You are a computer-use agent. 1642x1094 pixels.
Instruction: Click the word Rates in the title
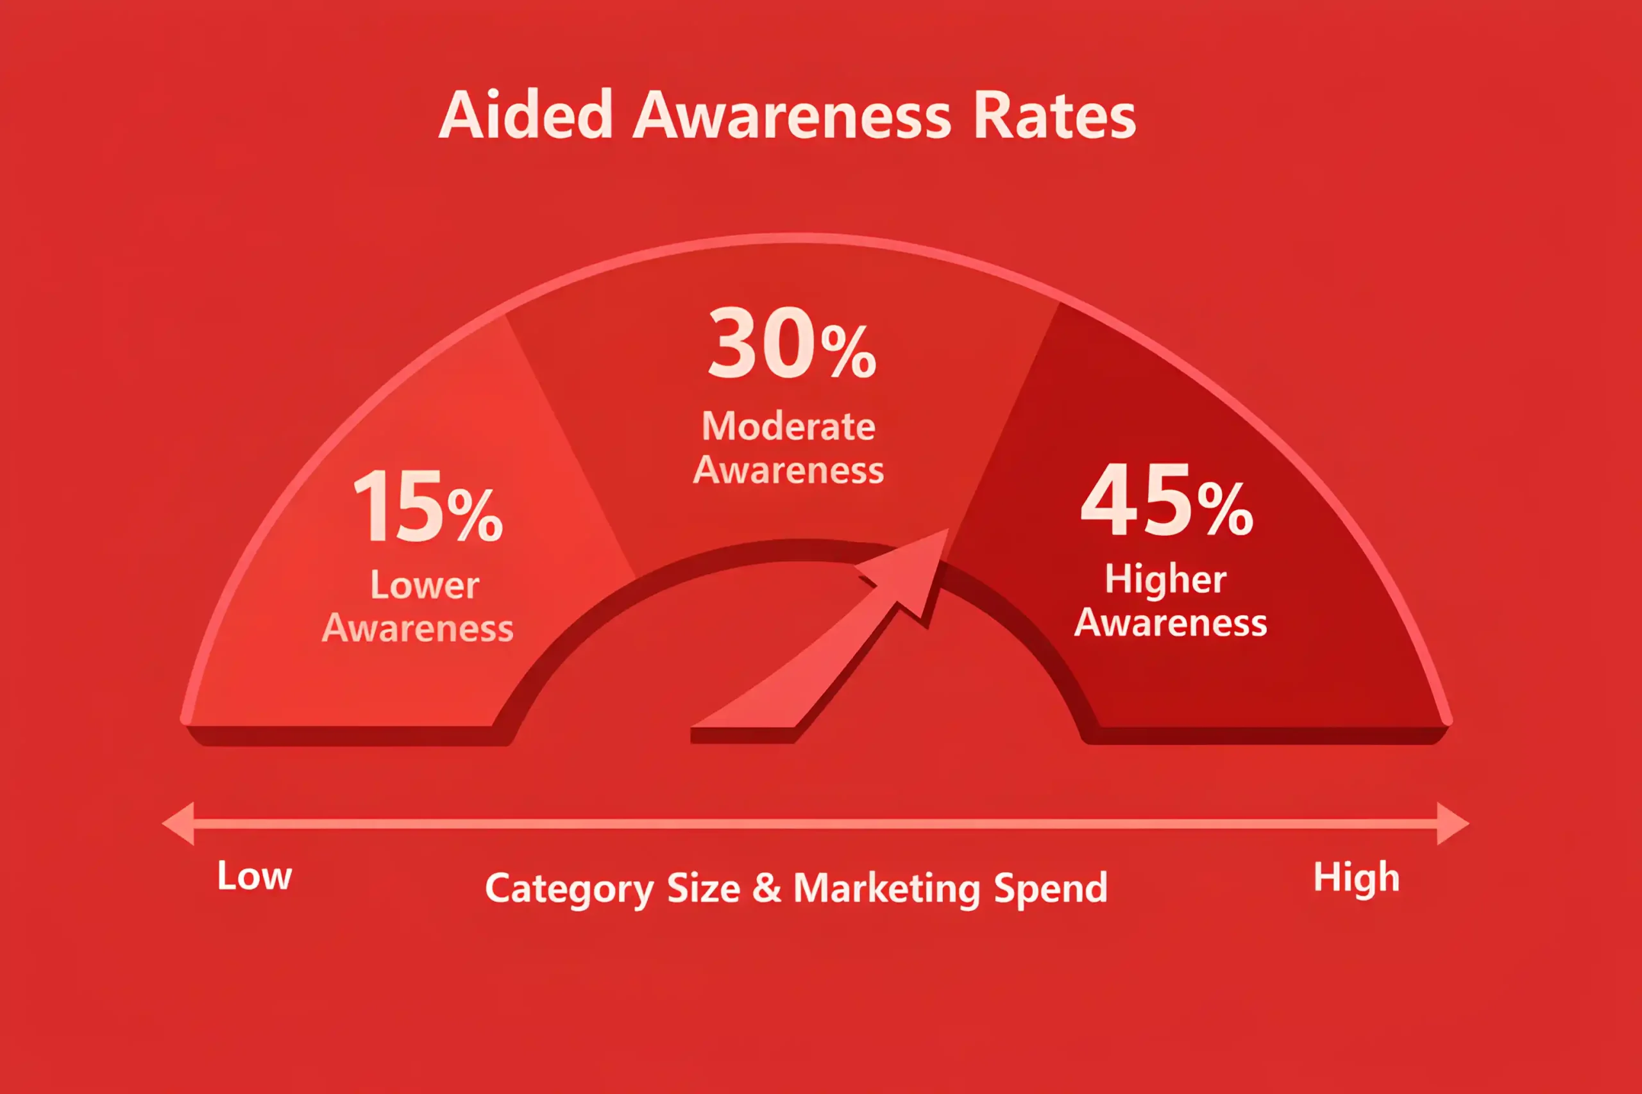click(1054, 116)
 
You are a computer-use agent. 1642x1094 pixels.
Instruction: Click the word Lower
click(425, 584)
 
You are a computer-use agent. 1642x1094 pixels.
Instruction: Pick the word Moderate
click(788, 426)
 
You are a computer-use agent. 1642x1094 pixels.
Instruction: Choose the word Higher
click(1165, 579)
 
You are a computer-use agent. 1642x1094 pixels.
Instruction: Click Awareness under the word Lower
click(418, 628)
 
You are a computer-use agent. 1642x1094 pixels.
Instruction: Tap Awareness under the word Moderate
click(788, 470)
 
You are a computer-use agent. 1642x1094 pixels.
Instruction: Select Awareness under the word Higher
click(1170, 622)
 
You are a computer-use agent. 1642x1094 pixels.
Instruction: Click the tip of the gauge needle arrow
click(948, 529)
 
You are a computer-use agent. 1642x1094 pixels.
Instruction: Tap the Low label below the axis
click(254, 875)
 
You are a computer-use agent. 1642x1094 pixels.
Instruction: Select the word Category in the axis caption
click(570, 890)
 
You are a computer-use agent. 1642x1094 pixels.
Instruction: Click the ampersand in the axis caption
click(766, 888)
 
